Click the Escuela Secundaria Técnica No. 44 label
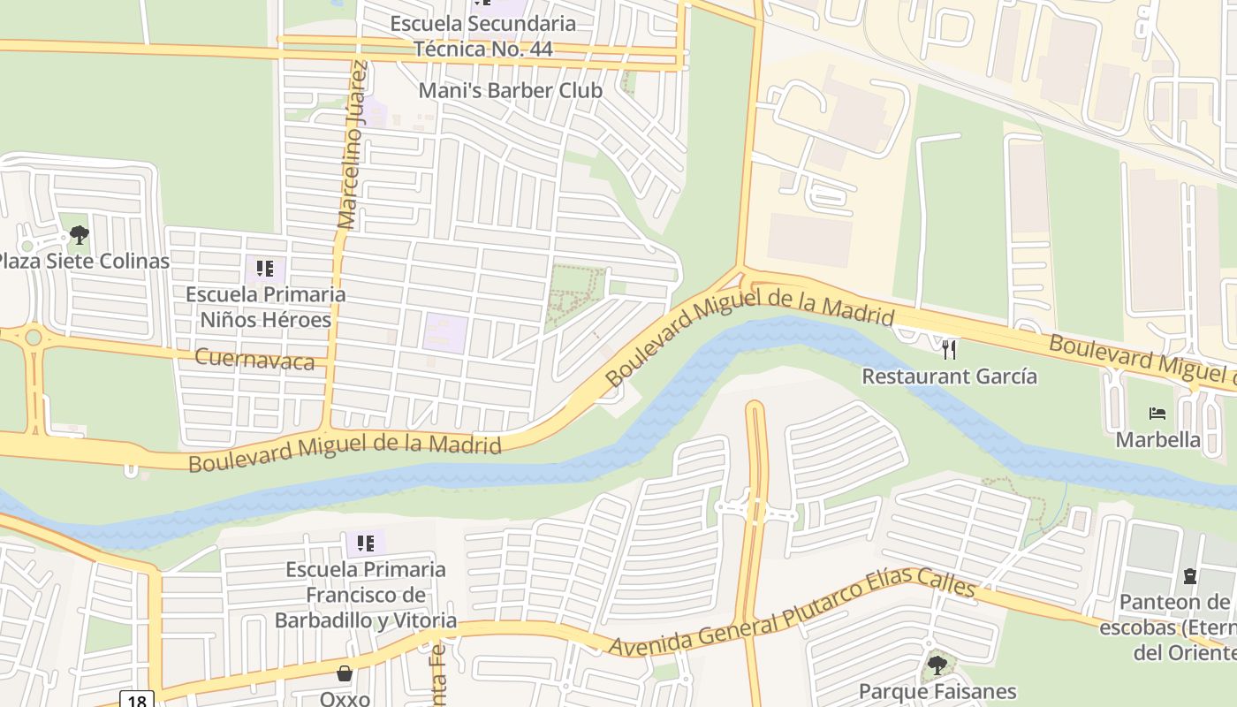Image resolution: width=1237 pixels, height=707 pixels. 482,36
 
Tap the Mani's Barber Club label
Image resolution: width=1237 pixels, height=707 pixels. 510,90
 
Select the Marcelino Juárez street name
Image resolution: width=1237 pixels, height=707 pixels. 351,146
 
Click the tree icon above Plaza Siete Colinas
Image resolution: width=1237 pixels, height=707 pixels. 80,235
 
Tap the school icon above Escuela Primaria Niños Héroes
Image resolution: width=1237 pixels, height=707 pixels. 265,268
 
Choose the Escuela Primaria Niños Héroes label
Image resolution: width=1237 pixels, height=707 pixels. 265,307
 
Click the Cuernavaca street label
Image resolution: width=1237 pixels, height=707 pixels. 254,359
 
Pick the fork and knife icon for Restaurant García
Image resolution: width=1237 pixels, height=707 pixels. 949,350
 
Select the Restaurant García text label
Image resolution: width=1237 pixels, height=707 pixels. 949,376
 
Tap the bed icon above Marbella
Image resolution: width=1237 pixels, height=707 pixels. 1157,414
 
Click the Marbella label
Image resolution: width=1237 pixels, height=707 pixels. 1157,439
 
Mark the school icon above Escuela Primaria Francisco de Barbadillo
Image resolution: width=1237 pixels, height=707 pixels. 366,543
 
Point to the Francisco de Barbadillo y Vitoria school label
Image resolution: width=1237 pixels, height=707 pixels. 366,595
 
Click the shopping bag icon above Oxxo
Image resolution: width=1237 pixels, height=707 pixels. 345,673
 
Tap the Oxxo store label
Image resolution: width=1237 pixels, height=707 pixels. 345,698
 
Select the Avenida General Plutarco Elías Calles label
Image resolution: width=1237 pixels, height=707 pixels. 793,618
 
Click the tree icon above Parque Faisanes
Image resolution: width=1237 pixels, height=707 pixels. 937,665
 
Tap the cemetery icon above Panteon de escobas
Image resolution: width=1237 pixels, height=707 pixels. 1190,576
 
